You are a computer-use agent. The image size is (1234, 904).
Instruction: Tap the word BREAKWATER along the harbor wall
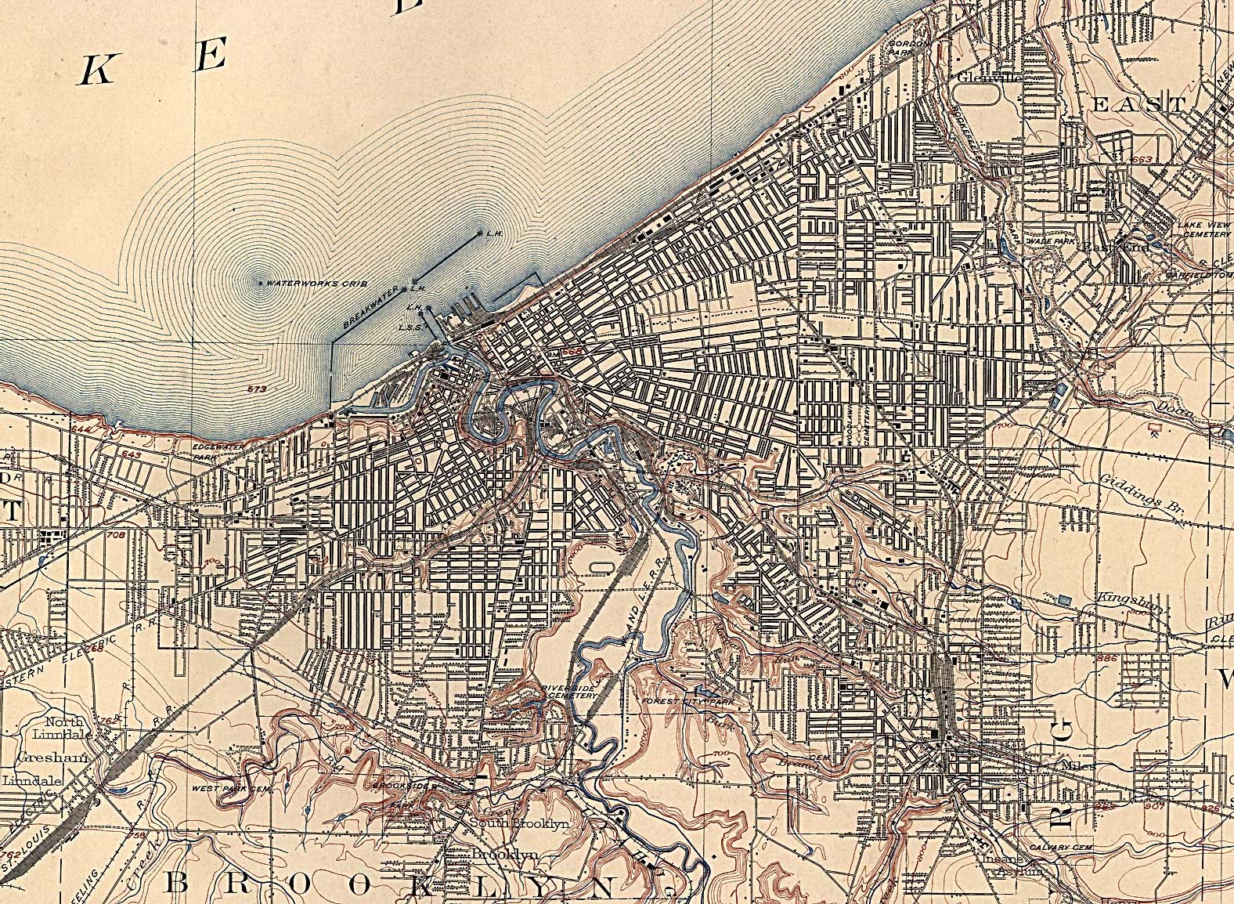(x=366, y=310)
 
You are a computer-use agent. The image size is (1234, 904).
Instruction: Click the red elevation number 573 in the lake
(x=252, y=389)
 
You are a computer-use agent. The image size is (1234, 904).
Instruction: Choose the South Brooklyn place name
(x=530, y=823)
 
